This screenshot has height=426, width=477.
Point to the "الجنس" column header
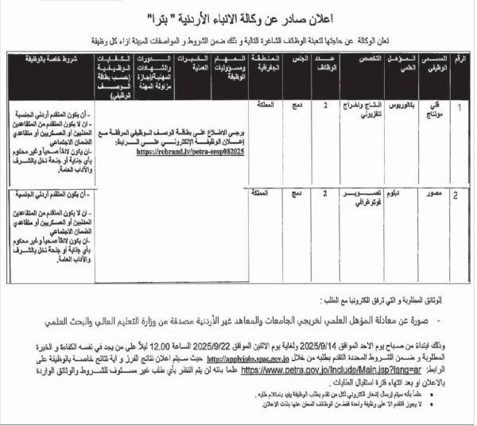click(295, 62)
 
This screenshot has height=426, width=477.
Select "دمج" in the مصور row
click(295, 193)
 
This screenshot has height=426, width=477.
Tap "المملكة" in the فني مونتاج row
click(263, 106)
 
